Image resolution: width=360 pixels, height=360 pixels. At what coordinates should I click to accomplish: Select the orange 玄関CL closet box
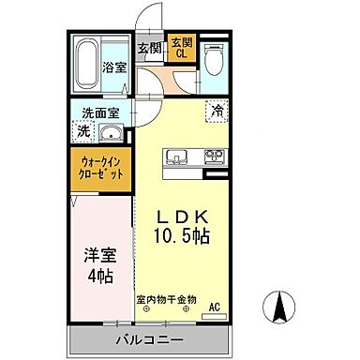(x=180, y=49)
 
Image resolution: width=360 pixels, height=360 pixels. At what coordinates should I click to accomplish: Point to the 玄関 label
(x=150, y=49)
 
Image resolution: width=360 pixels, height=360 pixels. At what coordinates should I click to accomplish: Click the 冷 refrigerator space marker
(x=217, y=111)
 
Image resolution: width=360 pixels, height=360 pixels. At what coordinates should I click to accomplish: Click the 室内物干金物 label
(x=166, y=301)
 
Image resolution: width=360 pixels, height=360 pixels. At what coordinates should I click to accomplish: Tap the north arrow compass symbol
(x=278, y=306)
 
